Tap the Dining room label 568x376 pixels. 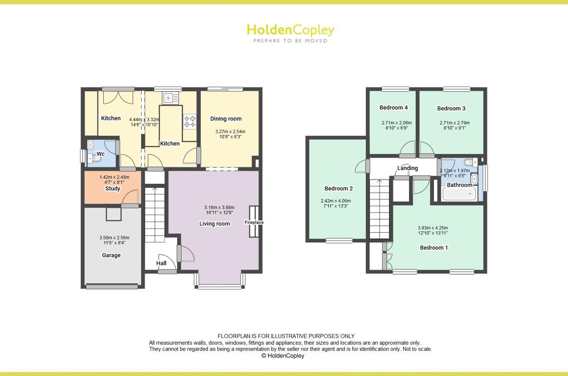pyautogui.click(x=226, y=119)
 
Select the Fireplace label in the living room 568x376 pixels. pyautogui.click(x=254, y=222)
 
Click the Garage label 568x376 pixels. pyautogui.click(x=111, y=255)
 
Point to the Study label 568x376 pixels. pyautogui.click(x=113, y=189)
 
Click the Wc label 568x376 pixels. pyautogui.click(x=100, y=154)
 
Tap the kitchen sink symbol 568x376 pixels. pyautogui.click(x=169, y=98)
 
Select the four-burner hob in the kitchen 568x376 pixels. pyautogui.click(x=190, y=121)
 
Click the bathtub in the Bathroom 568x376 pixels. pyautogui.click(x=459, y=194)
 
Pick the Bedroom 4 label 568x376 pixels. pyautogui.click(x=393, y=108)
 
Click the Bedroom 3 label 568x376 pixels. pyautogui.click(x=451, y=108)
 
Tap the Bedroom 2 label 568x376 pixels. pyautogui.click(x=339, y=189)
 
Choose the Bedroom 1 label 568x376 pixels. pyautogui.click(x=434, y=248)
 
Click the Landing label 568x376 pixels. pyautogui.click(x=407, y=168)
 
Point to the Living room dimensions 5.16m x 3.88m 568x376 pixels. pyautogui.click(x=219, y=210)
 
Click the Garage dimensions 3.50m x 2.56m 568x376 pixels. pyautogui.click(x=114, y=240)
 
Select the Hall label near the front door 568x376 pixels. pyautogui.click(x=161, y=263)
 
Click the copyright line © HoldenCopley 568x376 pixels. pyautogui.click(x=283, y=356)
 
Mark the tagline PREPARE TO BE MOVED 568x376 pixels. pyautogui.click(x=290, y=41)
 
